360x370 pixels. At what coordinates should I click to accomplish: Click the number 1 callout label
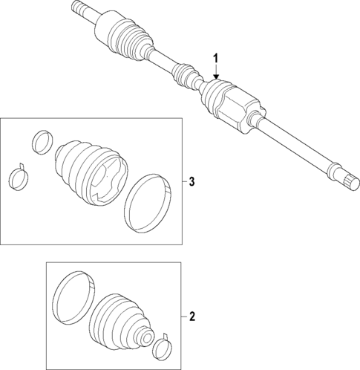tap(216, 58)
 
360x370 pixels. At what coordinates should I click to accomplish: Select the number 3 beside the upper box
tap(192, 182)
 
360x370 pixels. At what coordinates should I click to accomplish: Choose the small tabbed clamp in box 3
tap(20, 177)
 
